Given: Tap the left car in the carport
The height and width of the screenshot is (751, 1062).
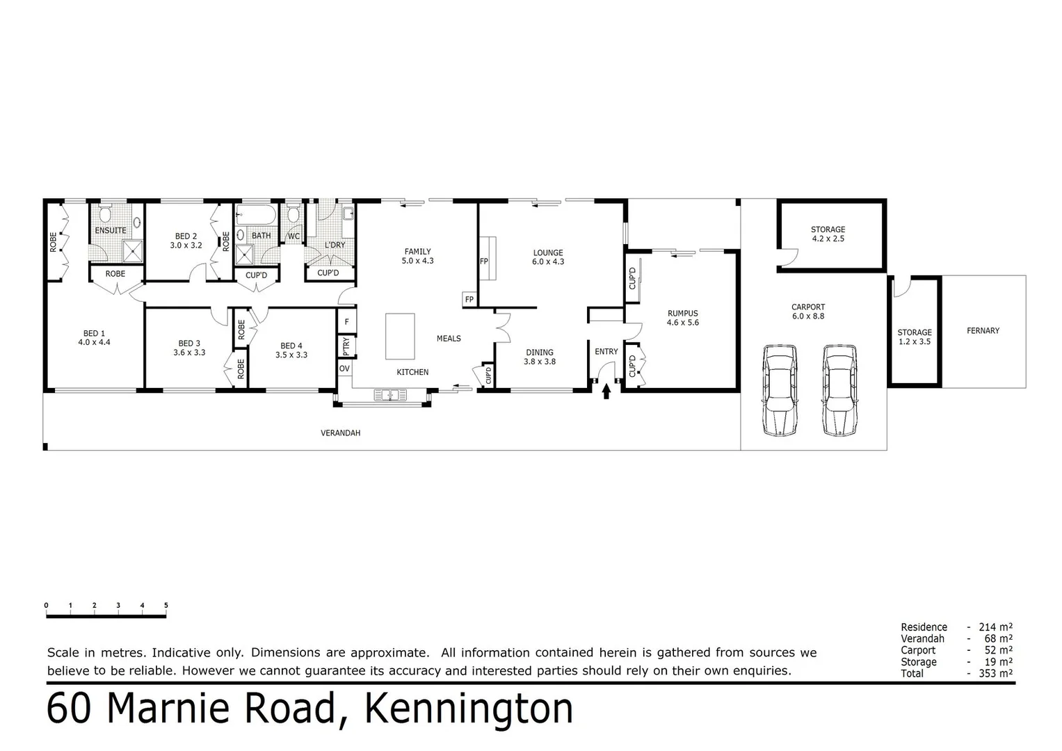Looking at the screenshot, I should click(x=780, y=390).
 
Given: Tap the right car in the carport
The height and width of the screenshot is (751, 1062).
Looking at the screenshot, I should click(x=839, y=390).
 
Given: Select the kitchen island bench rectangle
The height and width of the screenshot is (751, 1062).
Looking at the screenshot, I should click(x=400, y=336).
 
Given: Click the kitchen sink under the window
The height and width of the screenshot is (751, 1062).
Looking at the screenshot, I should click(x=391, y=396).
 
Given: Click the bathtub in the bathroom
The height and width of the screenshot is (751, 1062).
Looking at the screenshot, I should click(x=257, y=212).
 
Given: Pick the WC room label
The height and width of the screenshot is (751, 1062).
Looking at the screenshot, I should click(x=294, y=236).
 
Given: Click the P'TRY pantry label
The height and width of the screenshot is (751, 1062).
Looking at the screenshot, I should click(x=346, y=346).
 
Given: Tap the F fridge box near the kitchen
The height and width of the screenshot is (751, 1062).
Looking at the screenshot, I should click(x=346, y=322).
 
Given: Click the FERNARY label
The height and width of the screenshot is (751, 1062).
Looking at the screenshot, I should click(x=983, y=331).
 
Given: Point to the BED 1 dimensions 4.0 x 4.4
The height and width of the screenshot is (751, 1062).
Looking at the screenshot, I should click(x=94, y=342).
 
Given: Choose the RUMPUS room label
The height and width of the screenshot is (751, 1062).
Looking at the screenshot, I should click(x=682, y=314).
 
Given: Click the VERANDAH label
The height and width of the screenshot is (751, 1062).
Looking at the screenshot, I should click(x=340, y=433).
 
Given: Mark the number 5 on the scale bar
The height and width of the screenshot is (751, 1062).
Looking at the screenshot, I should click(x=166, y=606).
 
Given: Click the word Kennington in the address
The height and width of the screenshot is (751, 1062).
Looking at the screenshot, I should click(x=469, y=709).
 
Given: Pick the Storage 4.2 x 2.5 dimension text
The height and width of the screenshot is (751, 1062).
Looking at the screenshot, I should click(x=828, y=239).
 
